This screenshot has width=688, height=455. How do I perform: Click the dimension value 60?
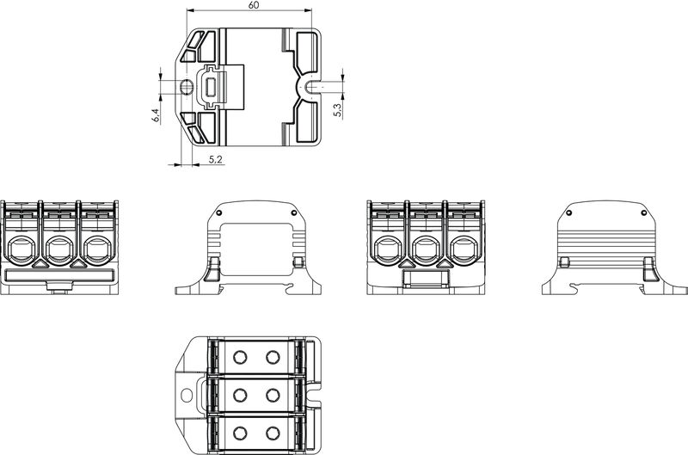[x=254, y=5]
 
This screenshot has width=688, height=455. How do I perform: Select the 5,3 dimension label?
[x=337, y=109]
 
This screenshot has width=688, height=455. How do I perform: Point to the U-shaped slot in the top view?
[x=308, y=87]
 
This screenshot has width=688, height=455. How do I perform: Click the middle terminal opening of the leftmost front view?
[x=58, y=250]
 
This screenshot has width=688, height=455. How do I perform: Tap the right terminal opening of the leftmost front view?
[x=95, y=250]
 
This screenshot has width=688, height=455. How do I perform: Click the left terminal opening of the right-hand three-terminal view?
[x=386, y=250]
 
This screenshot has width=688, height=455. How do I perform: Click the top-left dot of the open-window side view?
[x=219, y=212]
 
